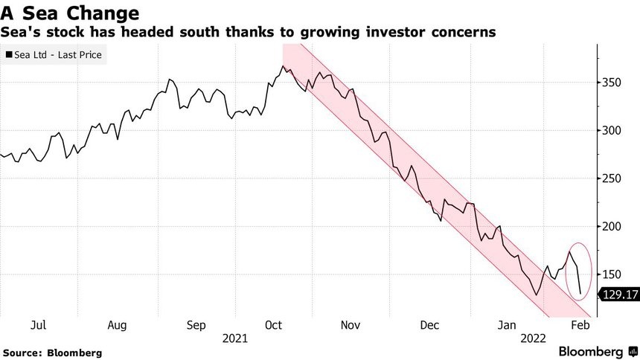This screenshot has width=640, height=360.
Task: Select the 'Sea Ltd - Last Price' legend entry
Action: (x=54, y=54)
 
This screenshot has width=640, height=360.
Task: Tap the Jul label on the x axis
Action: (x=39, y=325)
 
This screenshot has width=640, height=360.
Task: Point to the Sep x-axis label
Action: (x=196, y=325)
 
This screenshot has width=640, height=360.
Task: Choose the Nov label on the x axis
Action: (x=351, y=325)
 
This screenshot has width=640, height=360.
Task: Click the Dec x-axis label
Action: (x=429, y=325)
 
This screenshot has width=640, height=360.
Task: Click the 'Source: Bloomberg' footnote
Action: (x=52, y=352)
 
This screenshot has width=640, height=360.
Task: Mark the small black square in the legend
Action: (x=8, y=54)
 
